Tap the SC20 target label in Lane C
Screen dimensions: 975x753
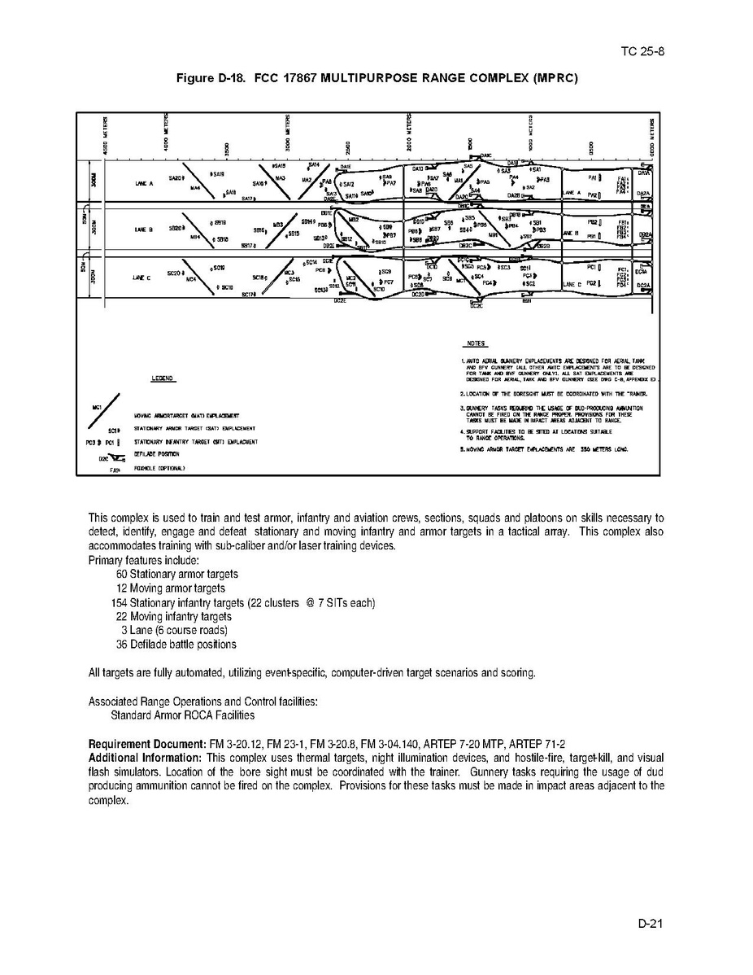pos(173,273)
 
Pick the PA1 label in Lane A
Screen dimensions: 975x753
pos(593,177)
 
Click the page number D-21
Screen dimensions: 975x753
pos(652,924)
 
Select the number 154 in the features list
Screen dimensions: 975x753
pos(120,603)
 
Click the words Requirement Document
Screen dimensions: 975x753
pos(141,745)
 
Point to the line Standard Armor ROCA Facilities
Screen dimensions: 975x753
pos(182,715)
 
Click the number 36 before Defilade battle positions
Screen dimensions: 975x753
pos(122,645)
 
